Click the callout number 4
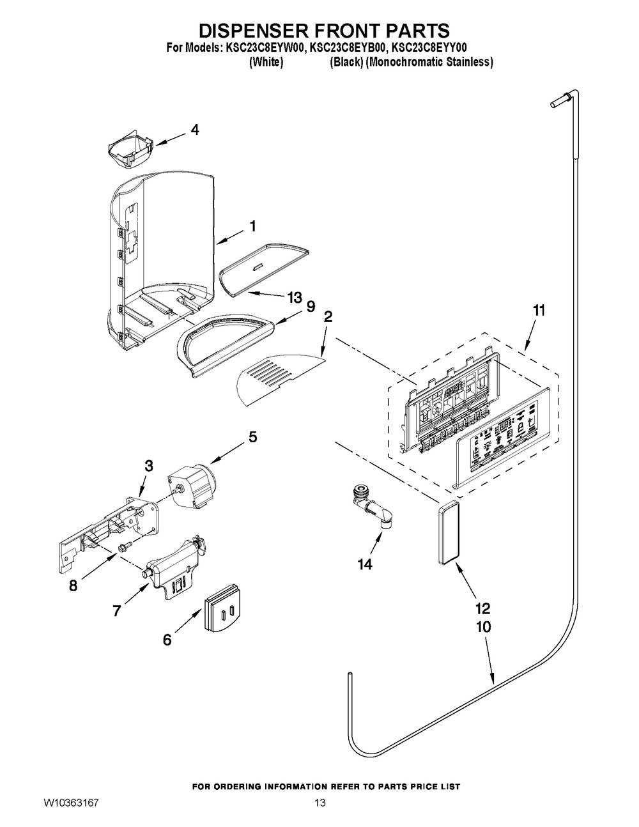[195, 130]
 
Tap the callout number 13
[294, 297]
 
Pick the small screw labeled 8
[124, 547]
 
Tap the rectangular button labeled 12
[448, 532]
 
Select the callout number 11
[539, 311]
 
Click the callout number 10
[483, 627]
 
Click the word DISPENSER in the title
[248, 30]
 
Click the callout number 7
[116, 611]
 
